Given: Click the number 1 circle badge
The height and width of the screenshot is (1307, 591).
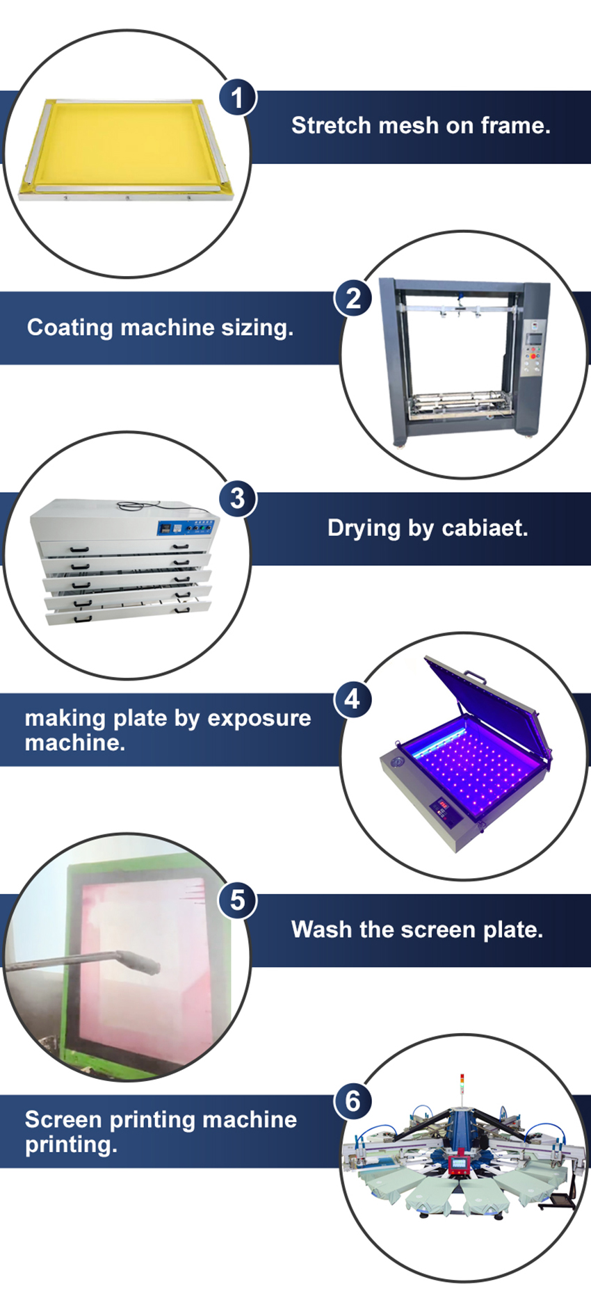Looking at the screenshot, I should point(237,98).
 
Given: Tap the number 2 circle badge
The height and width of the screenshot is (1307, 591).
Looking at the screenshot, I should point(353,299).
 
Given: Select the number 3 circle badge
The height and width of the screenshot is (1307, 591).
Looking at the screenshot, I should point(237,498).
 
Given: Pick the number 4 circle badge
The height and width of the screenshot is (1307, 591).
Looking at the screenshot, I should point(353,699).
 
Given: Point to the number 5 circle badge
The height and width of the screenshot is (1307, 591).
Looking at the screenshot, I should point(237,900).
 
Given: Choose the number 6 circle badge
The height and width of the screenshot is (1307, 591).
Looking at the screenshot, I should point(353,1101).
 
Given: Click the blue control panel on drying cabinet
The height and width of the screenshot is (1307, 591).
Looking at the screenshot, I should point(186,528).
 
